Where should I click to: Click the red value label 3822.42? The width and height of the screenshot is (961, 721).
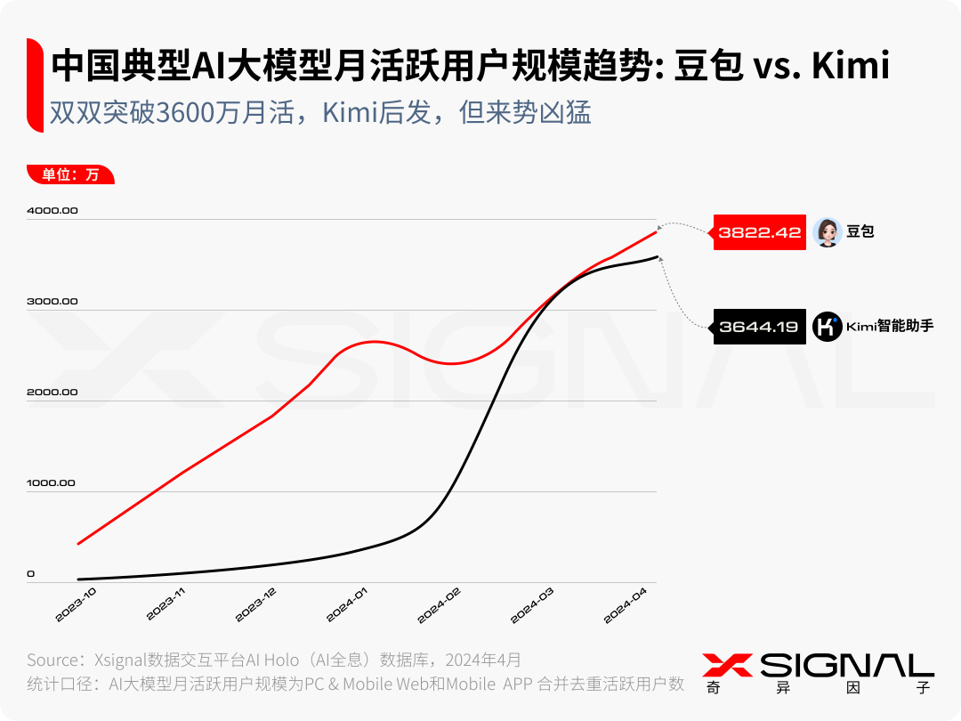pos(760,232)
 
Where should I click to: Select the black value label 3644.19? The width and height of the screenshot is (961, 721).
pos(758,327)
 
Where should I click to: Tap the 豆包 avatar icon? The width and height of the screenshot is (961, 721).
pos(827,232)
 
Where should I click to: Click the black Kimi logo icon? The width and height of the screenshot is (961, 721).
pos(827,327)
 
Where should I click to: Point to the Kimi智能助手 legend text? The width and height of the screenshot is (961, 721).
pos(889,327)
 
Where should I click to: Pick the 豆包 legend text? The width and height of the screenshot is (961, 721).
pos(860,232)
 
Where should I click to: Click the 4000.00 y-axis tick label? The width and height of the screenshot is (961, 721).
pos(52,211)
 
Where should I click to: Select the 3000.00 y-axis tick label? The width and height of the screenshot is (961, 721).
pos(52,302)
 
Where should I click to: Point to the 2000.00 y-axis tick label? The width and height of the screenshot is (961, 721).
pos(52,393)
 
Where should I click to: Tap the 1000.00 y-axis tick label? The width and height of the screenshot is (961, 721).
pos(52,483)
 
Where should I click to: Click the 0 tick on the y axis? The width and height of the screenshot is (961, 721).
pos(31,574)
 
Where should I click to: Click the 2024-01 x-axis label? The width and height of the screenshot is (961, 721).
pos(348,604)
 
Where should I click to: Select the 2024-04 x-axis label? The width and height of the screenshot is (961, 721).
pos(626,604)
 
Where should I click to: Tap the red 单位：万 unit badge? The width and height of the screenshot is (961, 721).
pos(71,174)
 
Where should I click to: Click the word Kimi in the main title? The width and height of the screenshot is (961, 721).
pos(849,67)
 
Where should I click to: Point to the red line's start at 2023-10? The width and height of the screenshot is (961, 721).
pos(78,544)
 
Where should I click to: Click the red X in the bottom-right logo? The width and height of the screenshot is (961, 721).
pos(727,665)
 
